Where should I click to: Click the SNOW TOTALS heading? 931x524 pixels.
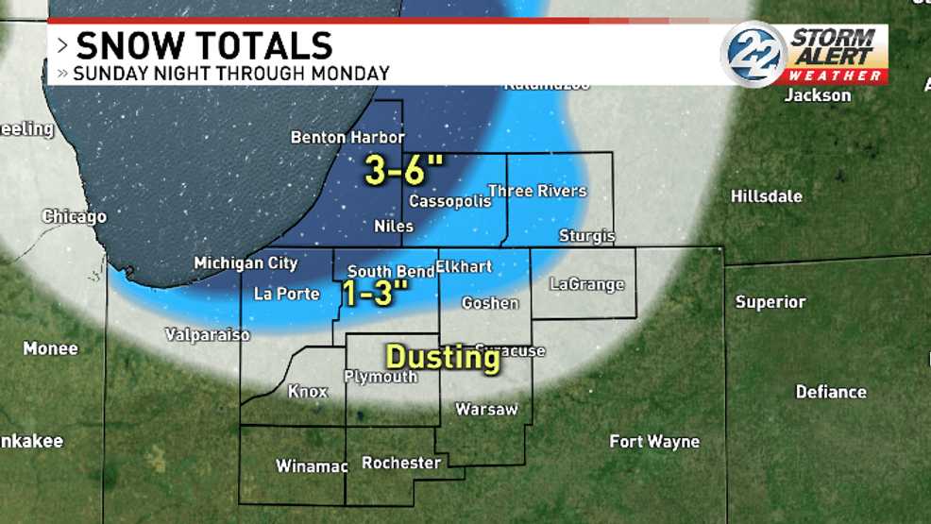tap(204, 46)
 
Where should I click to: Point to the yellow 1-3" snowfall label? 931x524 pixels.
tap(374, 293)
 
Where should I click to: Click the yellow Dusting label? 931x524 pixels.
tap(443, 357)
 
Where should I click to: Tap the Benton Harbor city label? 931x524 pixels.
tap(347, 137)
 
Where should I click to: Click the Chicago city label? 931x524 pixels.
tap(75, 217)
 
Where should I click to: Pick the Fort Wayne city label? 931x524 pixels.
tap(654, 441)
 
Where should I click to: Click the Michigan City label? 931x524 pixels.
tap(245, 263)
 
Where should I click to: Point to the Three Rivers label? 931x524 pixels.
tap(536, 191)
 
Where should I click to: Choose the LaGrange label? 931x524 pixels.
tap(587, 284)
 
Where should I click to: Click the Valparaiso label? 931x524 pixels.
tap(207, 334)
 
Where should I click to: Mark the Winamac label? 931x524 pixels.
tap(312, 465)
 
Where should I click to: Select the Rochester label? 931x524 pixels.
tap(401, 463)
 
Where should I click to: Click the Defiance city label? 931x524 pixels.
tap(830, 392)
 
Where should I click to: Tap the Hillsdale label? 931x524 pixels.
tap(766, 196)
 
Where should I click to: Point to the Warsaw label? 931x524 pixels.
tap(486, 409)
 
